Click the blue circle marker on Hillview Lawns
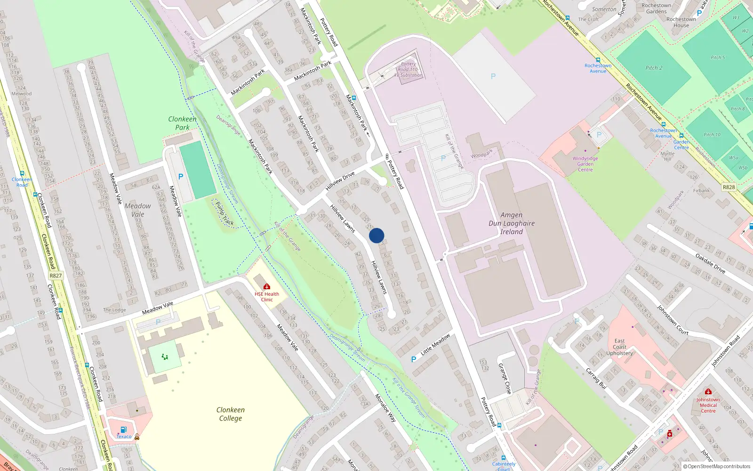tap(376, 235)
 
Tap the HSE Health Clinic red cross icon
tap(267, 286)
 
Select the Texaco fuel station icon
tap(123, 429)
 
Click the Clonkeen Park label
tap(182, 123)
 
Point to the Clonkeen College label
tap(231, 414)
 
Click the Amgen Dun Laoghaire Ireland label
tap(512, 223)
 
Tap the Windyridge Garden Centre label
tap(585, 164)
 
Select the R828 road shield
tap(729, 187)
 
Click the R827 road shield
tap(56, 276)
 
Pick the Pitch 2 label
tap(654, 68)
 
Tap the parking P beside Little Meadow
tap(414, 359)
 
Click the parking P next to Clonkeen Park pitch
tap(181, 177)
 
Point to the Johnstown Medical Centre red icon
tap(708, 392)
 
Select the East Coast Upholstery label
tap(619, 347)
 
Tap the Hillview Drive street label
tap(340, 181)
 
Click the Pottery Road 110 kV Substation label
tap(409, 69)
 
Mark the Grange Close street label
tap(505, 378)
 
